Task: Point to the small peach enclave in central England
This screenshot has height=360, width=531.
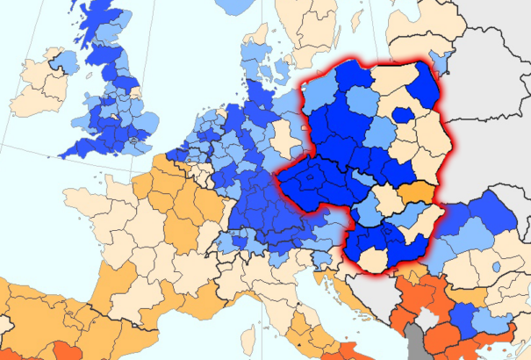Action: (113, 115)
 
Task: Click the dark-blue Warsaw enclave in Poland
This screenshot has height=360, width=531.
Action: (403, 114)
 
